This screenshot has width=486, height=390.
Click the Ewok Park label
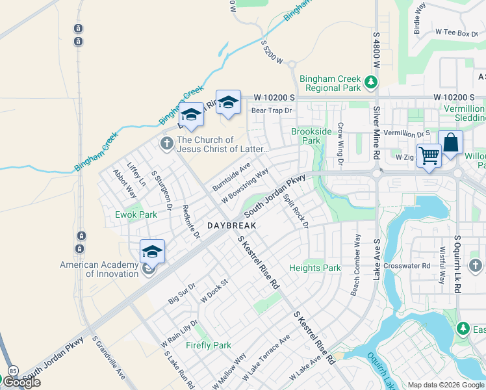pos(136,214)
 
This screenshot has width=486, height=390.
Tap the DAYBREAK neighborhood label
pos(232,226)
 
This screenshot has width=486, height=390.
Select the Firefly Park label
pos(209,345)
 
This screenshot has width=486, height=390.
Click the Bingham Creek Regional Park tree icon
pos(370,83)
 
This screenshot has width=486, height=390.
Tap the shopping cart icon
pos(429,156)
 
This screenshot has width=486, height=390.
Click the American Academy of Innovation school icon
pos(152,252)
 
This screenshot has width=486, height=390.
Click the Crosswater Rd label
pos(407,266)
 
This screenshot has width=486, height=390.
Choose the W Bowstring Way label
pos(245,186)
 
